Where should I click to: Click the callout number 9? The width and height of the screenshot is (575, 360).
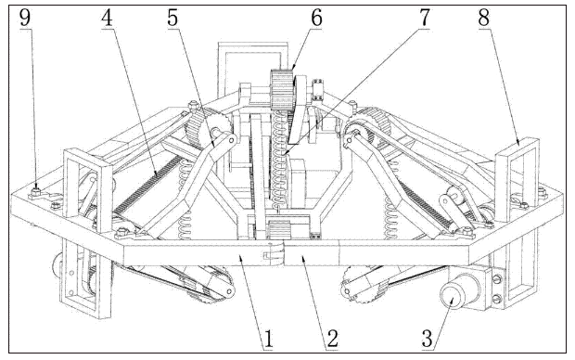click(x=24, y=18)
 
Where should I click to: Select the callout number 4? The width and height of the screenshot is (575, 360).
click(x=107, y=18)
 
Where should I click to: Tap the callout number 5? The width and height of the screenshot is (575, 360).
click(x=172, y=18)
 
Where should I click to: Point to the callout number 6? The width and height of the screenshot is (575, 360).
click(x=316, y=18)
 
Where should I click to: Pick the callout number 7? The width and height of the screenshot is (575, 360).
click(x=424, y=18)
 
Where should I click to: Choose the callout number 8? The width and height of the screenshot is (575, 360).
click(x=484, y=18)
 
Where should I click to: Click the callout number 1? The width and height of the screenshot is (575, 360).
click(x=268, y=339)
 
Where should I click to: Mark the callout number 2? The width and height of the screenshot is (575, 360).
click(x=332, y=339)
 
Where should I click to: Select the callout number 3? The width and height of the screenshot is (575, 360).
click(x=428, y=339)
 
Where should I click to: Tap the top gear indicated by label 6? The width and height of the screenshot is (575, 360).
click(x=282, y=89)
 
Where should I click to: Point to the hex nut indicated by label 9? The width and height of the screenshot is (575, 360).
click(x=35, y=191)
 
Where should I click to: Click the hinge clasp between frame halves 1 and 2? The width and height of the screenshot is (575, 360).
click(x=274, y=253)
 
